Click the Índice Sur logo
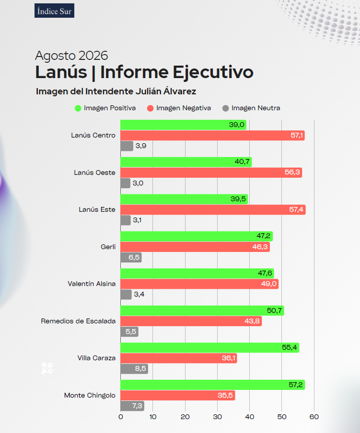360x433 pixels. tap(54, 11)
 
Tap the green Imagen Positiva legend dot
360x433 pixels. tap(78, 108)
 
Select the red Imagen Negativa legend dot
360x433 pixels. tap(151, 108)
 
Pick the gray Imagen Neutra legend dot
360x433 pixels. tap(225, 108)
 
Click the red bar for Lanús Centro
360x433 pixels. tap(212, 135)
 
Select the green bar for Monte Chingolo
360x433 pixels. tap(213, 385)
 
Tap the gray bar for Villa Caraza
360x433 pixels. tap(134, 369)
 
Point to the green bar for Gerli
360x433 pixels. tap(197, 237)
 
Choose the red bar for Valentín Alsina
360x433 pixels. tap(199, 284)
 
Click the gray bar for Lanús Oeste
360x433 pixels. tap(126, 183)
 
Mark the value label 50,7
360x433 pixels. tap(274, 310)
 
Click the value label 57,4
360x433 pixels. tap(296, 210)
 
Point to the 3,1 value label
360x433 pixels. tap(137, 220)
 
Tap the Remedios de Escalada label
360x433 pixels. tap(78, 321)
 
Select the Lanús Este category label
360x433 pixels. tap(97, 210)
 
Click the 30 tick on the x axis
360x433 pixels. tap(218, 417)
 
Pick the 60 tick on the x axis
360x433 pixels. tap(314, 417)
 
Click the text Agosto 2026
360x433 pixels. tap(71, 56)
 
